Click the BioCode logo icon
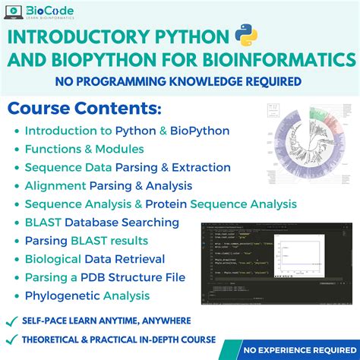pyautogui.click(x=13, y=13)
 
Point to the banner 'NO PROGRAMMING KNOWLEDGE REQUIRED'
pyautogui.click(x=179, y=81)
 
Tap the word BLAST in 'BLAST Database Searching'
pyautogui.click(x=43, y=223)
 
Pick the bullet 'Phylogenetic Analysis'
pyautogui.click(x=87, y=295)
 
